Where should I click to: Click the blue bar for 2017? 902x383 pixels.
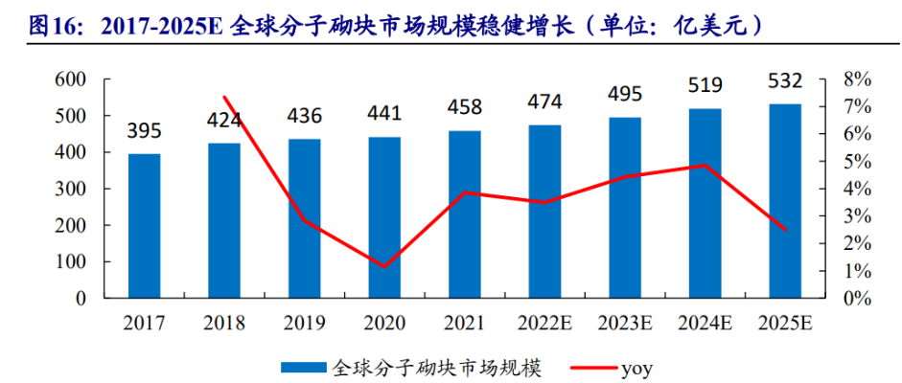(144, 226)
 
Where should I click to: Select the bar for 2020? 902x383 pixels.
(384, 217)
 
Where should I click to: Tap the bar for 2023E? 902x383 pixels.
(625, 208)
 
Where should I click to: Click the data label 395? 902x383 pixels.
(144, 130)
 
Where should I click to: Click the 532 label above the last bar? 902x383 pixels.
(785, 80)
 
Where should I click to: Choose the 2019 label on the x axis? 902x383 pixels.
(304, 323)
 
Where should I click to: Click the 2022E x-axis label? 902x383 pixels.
(544, 323)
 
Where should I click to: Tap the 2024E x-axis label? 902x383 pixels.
(705, 323)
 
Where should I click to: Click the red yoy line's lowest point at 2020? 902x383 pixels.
(384, 266)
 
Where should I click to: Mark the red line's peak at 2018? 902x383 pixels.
(224, 97)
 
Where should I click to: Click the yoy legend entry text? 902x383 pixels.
(636, 366)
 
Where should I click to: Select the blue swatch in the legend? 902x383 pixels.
(304, 367)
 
